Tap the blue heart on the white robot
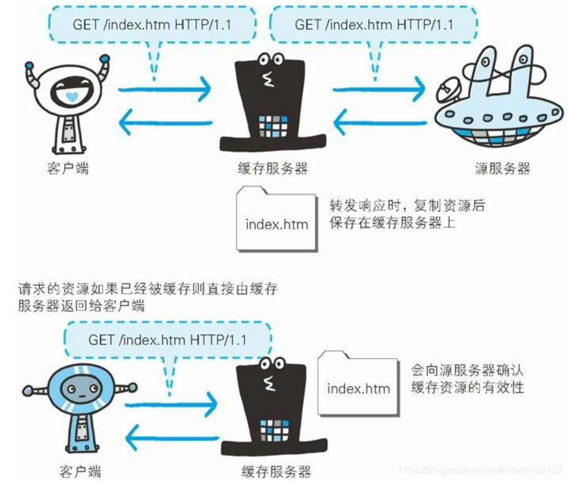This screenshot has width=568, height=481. click(72, 97)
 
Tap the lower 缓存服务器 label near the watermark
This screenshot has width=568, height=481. click(273, 471)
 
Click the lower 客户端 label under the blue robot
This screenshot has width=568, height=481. click(80, 471)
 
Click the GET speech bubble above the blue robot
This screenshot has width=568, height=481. click(167, 339)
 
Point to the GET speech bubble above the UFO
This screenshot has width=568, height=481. click(374, 25)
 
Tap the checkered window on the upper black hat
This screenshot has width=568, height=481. click(273, 125)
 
